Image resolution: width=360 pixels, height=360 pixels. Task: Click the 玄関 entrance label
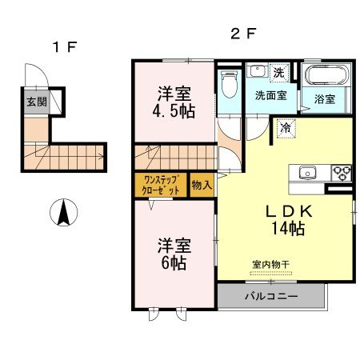pos(35,102)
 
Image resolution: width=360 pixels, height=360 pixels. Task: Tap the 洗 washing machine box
pos(278,72)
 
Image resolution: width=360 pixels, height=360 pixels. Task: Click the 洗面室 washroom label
pos(270,95)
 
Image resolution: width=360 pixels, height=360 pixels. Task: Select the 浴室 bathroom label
pos(324,99)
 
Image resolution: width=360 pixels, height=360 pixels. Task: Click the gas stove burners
pos(342,171)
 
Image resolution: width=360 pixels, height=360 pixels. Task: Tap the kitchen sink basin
pos(308,172)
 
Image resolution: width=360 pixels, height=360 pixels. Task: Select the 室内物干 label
pos(270,264)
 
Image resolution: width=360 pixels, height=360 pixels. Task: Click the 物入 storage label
pos(202,185)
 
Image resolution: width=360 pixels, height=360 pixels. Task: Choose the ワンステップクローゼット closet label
pos(161,185)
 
